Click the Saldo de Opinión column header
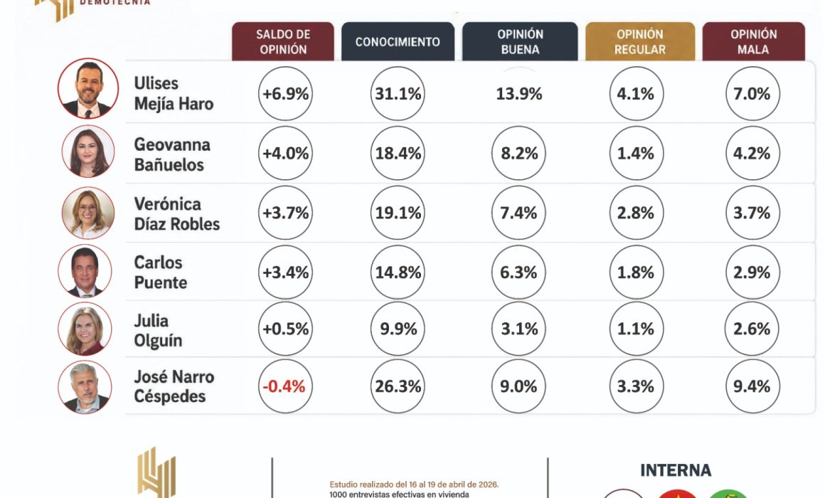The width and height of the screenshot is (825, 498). [282, 41]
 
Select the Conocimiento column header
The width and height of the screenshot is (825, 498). [398, 41]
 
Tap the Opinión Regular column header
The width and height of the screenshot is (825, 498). [640, 41]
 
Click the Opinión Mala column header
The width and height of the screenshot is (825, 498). [753, 41]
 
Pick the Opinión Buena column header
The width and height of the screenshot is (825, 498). [520, 41]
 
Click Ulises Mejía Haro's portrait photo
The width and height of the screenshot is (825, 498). [88, 88]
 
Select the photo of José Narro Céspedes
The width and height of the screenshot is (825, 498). [85, 387]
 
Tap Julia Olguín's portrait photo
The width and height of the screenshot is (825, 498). [85, 329]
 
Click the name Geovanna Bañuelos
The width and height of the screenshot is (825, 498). [172, 154]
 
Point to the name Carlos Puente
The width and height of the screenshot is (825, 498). [161, 272]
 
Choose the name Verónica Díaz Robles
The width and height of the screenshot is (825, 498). [177, 213]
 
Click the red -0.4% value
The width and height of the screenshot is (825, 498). [284, 386]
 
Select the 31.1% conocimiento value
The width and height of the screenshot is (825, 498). [398, 94]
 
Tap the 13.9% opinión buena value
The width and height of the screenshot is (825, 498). [518, 94]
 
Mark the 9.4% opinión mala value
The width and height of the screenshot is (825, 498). [752, 386]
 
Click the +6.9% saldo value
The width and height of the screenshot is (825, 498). [285, 94]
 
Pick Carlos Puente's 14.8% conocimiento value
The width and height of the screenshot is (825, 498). [398, 272]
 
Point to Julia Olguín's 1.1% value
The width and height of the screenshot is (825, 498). [636, 329]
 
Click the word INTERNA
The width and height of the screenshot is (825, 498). [676, 470]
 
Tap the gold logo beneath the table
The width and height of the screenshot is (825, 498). [156, 472]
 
